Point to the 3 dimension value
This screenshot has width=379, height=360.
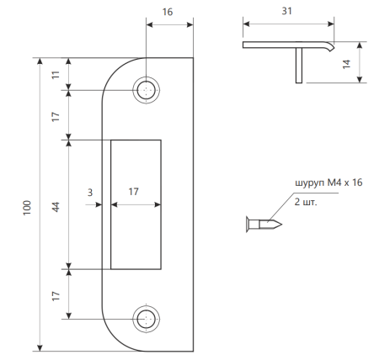pos(90,193)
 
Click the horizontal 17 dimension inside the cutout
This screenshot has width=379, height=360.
pos(133,193)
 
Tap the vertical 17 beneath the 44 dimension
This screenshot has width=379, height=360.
pos(56,295)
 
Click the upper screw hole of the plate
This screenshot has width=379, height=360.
pos(147,90)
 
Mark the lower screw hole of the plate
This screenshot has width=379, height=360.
pos(147,319)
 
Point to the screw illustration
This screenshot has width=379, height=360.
pos(265,223)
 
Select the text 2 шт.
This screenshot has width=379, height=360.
pos(307,202)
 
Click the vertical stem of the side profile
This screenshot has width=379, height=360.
pos(298,66)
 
